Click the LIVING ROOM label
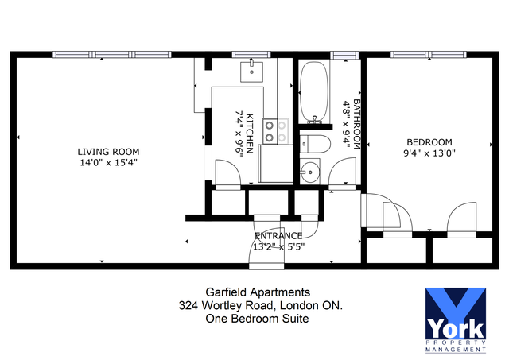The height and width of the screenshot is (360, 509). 108,152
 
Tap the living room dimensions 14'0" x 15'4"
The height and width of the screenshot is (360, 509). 108,163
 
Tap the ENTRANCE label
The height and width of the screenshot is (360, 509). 278,236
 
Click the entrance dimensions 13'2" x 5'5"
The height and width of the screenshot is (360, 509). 278,246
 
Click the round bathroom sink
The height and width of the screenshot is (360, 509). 309,172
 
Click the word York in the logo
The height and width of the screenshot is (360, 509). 456,327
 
